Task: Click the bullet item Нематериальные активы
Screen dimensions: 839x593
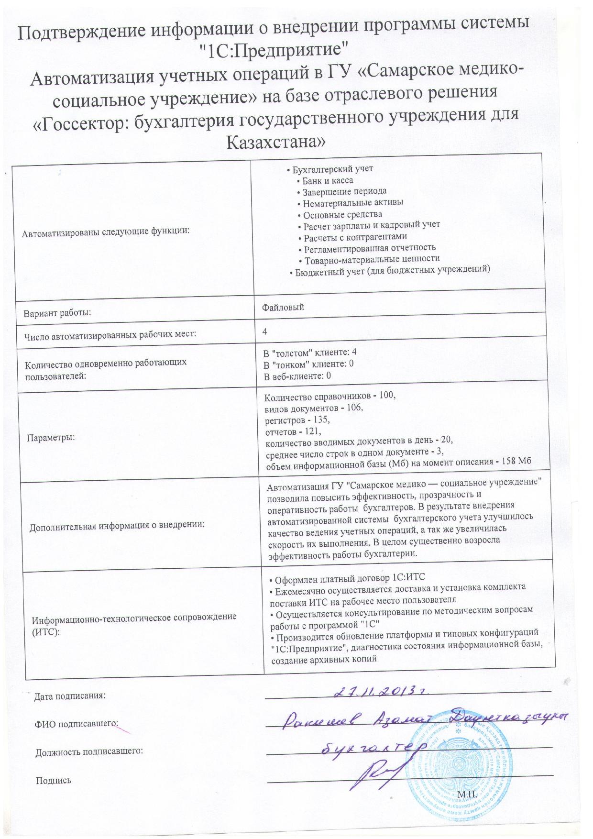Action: coord(353,203)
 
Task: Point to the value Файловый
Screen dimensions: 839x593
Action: coord(283,308)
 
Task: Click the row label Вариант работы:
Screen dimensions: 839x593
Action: coord(57,313)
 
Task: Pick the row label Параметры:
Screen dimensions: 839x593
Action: coord(51,438)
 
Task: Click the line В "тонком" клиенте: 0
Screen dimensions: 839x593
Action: coord(309,364)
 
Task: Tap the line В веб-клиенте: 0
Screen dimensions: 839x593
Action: coord(297,376)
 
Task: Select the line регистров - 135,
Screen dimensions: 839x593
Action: coord(297,420)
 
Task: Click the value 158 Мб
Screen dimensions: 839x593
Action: coord(519,462)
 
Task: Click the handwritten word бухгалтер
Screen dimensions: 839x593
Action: coord(373,747)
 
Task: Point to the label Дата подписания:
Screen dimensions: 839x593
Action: coord(70,696)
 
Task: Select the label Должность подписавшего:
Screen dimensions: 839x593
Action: coord(89,751)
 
